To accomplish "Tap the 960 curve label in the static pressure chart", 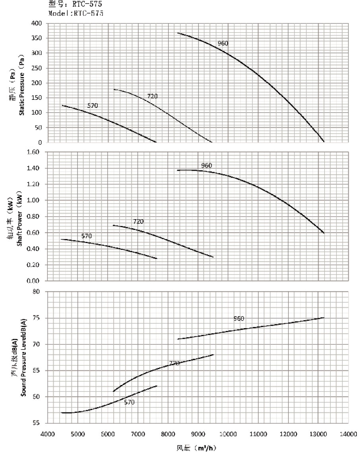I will coord(223,43).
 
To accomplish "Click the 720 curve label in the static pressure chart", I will coord(153,96).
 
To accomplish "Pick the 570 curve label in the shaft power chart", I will coord(87,236).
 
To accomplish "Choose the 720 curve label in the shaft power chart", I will coord(138,221).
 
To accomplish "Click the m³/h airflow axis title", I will coord(197,448).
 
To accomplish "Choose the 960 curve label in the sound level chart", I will coord(239,319).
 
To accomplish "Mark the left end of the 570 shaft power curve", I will coord(61,239).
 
